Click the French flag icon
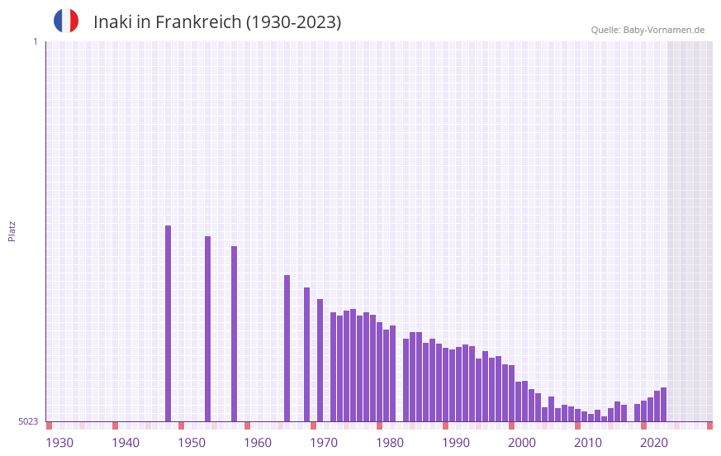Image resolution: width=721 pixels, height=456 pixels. pos(66,21)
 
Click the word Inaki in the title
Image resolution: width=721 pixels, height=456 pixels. pos(111,22)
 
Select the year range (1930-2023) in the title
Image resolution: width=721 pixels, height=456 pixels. pos(293,22)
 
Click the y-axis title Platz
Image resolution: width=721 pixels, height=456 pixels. pos(12,230)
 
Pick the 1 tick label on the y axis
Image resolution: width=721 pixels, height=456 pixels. pos(36,41)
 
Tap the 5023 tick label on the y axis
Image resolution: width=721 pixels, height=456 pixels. pos(28,421)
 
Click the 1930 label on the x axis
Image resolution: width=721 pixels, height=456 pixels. pos(59,443)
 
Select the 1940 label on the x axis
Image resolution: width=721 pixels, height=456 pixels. pos(126,443)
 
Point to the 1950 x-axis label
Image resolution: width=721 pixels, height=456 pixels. pos(192,443)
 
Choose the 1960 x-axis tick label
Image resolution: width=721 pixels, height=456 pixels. pos(258,443)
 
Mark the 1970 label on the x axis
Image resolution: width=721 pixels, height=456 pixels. pos(324,443)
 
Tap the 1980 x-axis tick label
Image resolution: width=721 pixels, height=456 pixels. pos(390,443)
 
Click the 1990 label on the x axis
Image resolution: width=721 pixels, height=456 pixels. pos(456,443)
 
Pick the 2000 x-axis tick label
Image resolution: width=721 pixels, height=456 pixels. pos(522,443)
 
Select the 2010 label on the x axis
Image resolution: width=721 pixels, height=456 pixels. pos(588,443)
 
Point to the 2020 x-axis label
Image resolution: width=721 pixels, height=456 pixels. pos(654,443)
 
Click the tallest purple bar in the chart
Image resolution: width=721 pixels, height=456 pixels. pos(168,322)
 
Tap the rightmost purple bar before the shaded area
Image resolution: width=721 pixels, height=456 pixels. pos(663,405)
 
